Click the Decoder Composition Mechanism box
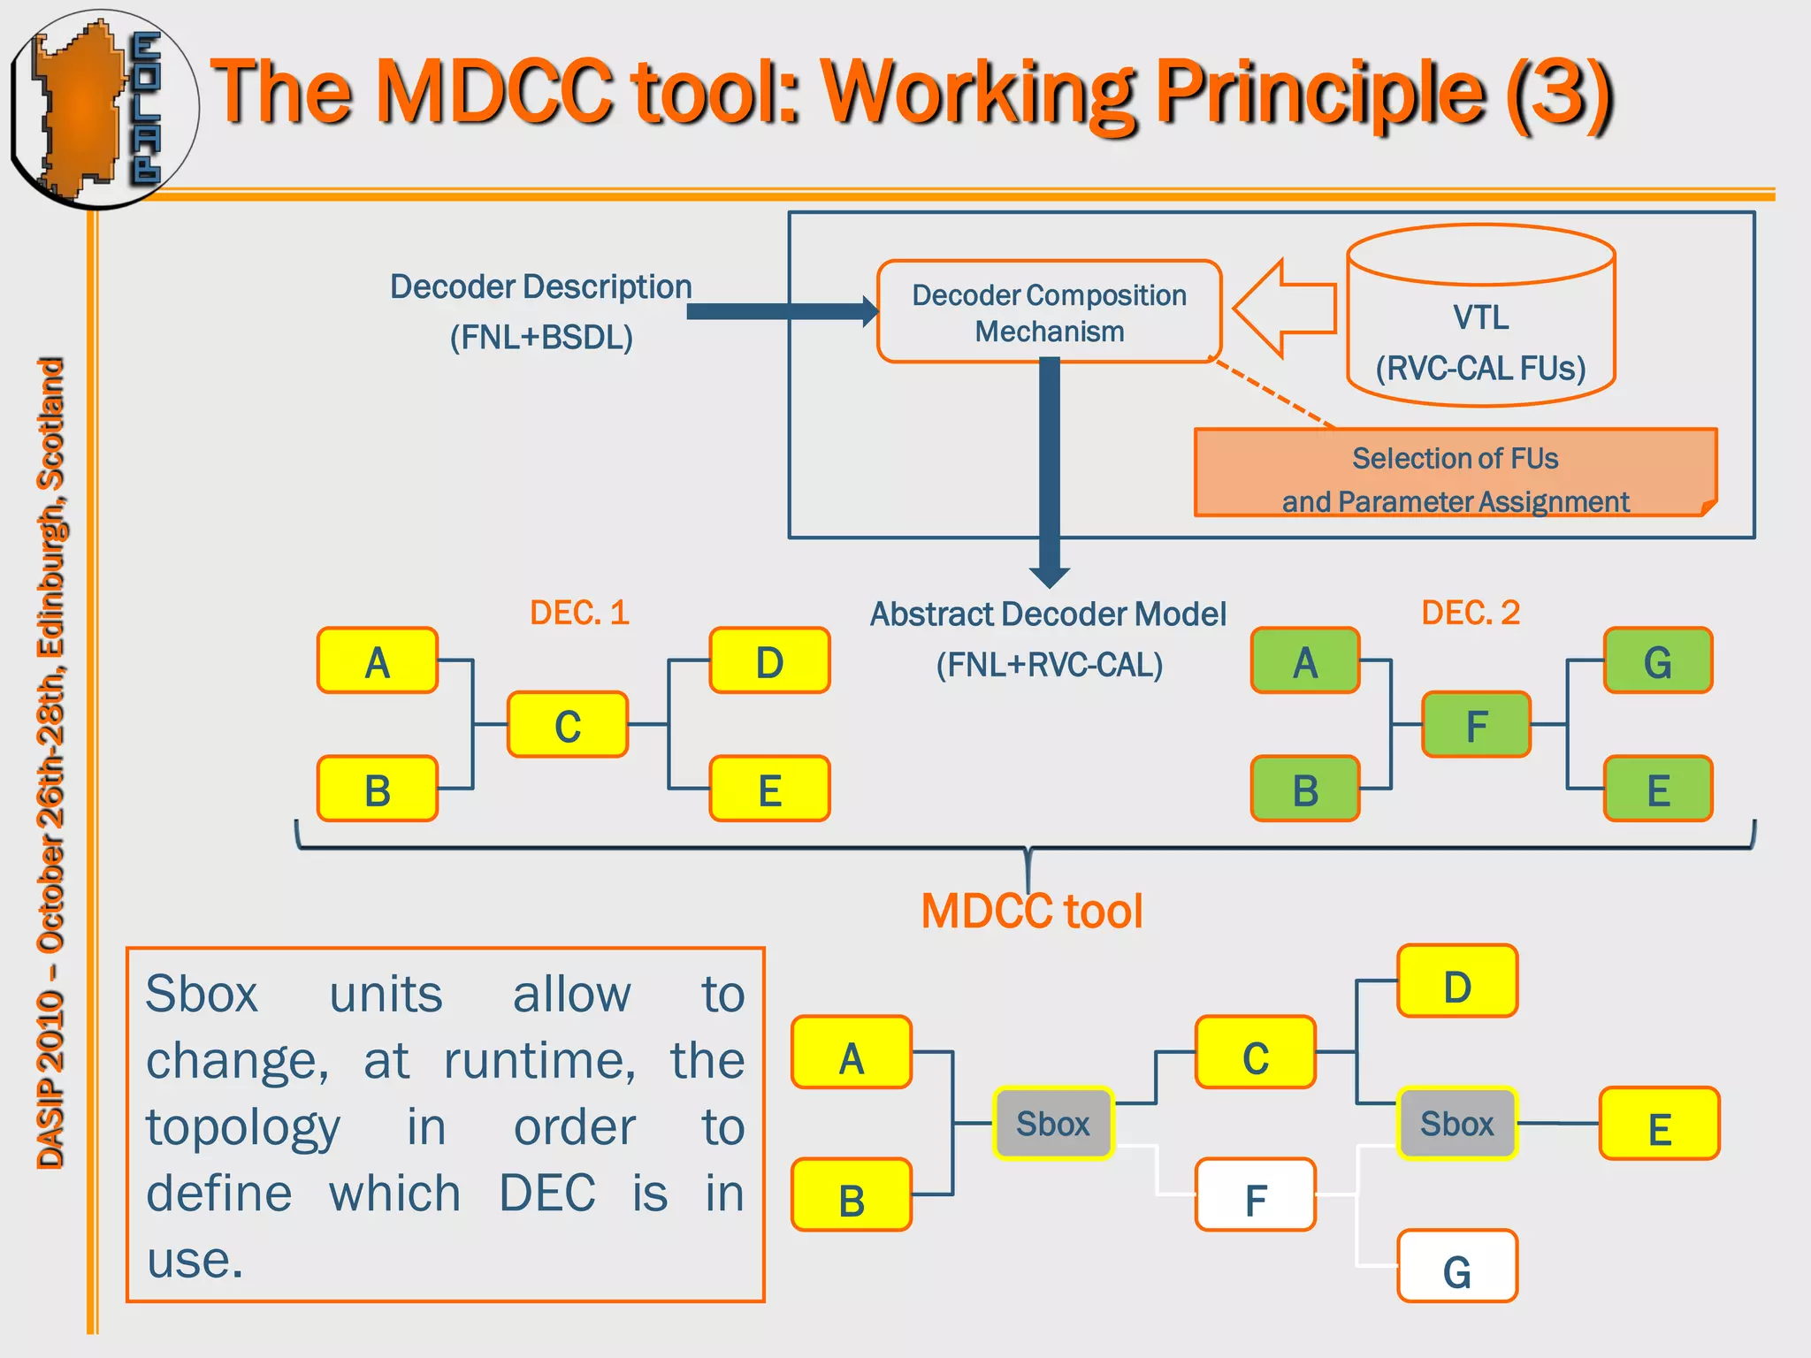(x=1049, y=311)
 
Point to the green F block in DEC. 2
(x=1476, y=725)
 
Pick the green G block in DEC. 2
(x=1657, y=661)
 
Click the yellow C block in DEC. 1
(x=567, y=725)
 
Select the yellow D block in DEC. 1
(x=769, y=661)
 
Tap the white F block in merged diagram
(x=1255, y=1195)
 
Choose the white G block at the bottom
(x=1456, y=1267)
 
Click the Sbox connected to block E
(x=1456, y=1123)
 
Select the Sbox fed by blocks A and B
(x=1052, y=1123)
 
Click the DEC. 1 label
(x=579, y=613)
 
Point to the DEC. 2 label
(x=1470, y=613)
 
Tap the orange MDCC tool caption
(x=1031, y=912)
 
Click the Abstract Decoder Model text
(x=1048, y=614)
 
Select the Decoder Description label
(x=540, y=287)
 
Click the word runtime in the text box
(x=539, y=1060)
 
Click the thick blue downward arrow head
(x=1050, y=577)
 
